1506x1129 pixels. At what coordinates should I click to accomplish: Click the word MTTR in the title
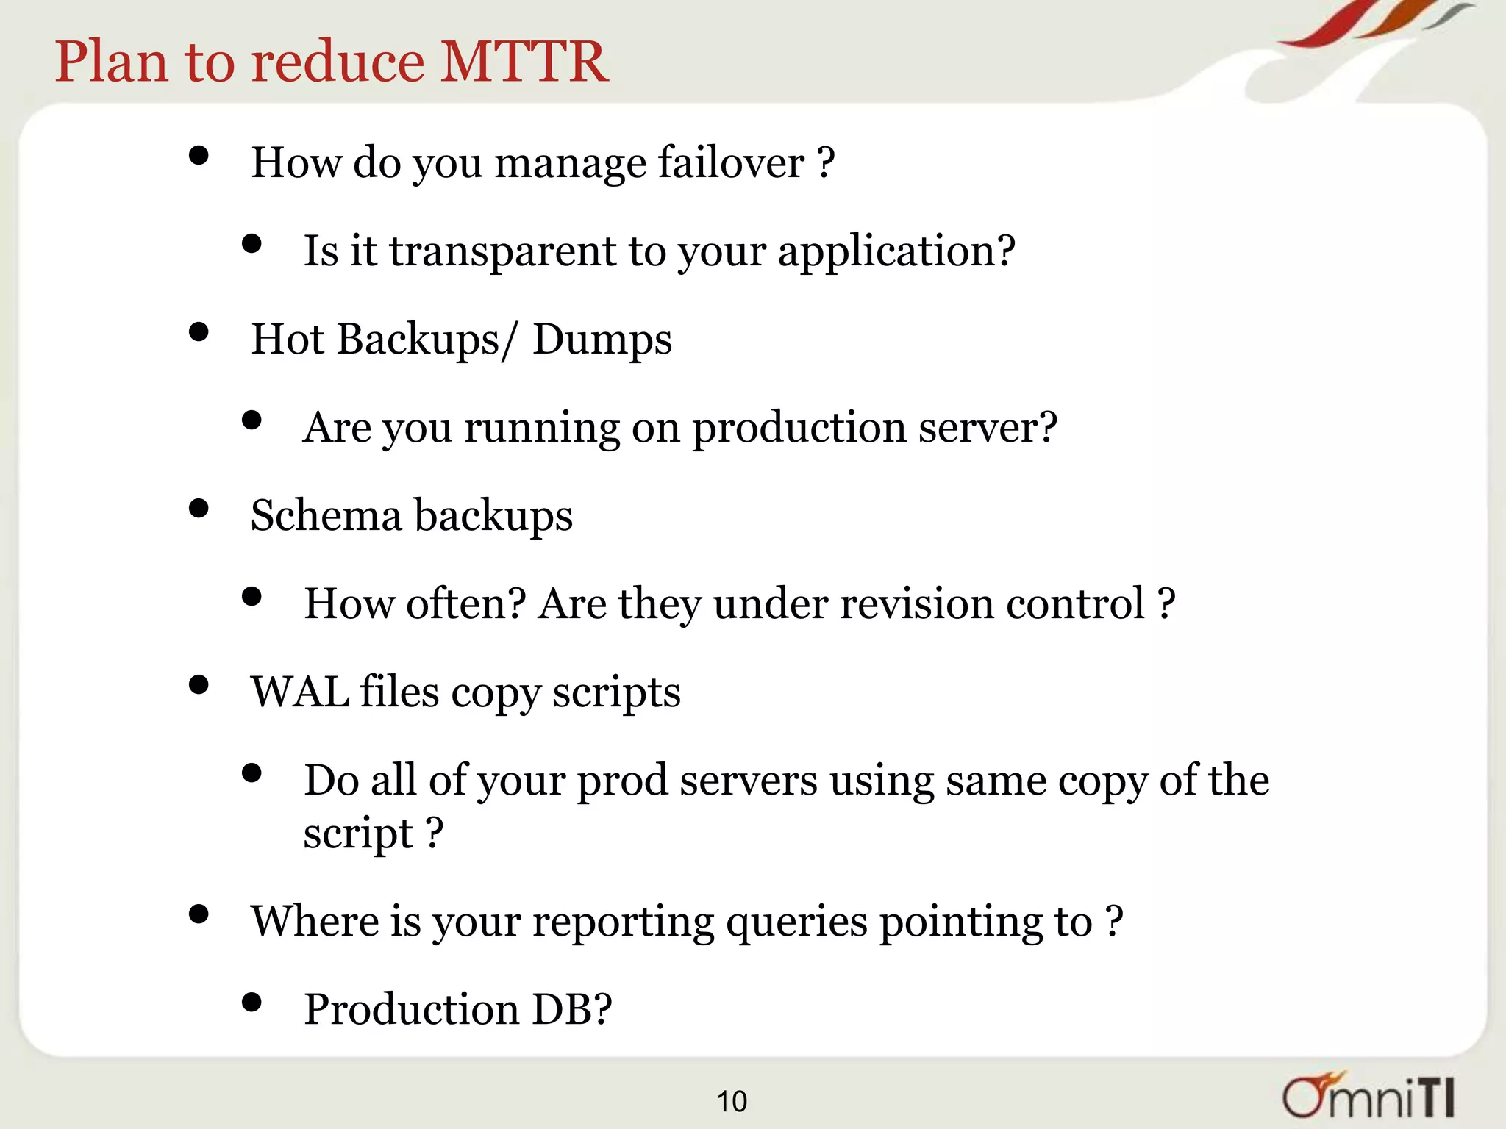[524, 61]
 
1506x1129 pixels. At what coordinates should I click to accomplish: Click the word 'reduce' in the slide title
[338, 61]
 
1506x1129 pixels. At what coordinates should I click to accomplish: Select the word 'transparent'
[502, 251]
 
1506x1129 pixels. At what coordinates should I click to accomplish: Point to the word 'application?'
[896, 251]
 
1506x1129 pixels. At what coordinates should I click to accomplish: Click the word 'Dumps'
[602, 340]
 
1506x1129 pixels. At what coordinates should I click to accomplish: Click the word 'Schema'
[326, 515]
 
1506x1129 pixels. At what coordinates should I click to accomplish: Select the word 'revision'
[916, 604]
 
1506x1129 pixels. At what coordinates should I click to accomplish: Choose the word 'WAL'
[299, 692]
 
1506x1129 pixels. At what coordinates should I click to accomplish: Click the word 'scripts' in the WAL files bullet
[616, 692]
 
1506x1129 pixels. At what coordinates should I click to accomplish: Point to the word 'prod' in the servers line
[622, 781]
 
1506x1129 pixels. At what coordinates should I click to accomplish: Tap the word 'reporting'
[623, 922]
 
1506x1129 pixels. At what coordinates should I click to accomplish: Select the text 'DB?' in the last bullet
[571, 1009]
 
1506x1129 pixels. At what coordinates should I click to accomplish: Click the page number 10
[732, 1101]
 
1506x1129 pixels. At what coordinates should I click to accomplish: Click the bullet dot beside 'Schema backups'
[199, 509]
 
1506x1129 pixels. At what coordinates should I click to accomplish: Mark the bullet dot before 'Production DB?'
[251, 1002]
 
